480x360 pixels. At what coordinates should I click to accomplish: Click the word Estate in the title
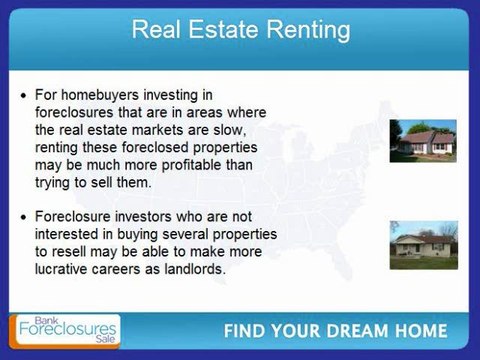point(226,29)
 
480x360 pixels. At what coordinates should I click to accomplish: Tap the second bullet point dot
point(22,215)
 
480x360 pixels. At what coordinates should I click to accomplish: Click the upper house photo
point(423,141)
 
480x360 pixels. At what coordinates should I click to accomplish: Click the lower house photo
point(423,243)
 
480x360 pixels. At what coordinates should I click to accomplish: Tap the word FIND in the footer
point(245,332)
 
